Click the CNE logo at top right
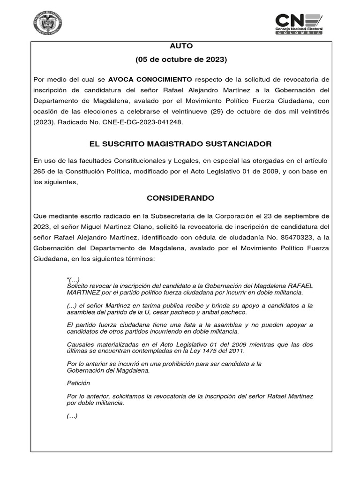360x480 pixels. tap(298, 23)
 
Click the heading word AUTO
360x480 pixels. tap(181, 46)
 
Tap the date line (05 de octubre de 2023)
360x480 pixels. tap(181, 60)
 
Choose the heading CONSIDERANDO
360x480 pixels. tap(180, 198)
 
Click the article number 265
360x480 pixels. tap(41, 172)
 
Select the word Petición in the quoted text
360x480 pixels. tap(79, 383)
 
